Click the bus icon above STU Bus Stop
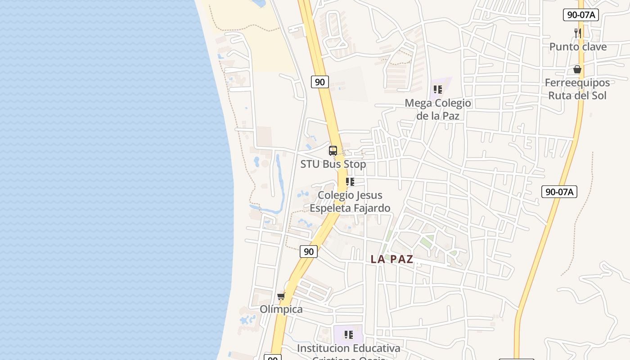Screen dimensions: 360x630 tap(333, 151)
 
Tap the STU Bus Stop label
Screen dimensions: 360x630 tap(333, 164)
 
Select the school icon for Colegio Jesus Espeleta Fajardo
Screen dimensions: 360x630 tap(350, 182)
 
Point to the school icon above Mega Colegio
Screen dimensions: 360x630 tap(438, 90)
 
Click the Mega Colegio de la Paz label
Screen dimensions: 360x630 tap(438, 109)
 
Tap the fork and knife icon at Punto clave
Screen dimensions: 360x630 tap(578, 33)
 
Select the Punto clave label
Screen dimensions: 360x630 tap(578, 47)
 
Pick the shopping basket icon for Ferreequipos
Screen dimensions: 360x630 tap(577, 69)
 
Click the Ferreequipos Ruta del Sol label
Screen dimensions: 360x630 tap(577, 89)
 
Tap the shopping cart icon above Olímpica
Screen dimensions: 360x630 tap(281, 296)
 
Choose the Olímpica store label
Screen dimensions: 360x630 tap(281, 310)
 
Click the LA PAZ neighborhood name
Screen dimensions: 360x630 tap(392, 259)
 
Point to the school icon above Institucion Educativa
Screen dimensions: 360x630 tap(348, 335)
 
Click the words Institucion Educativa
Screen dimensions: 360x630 tap(348, 348)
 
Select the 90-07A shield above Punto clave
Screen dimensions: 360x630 tap(580, 15)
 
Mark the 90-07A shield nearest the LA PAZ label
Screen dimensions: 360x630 tap(559, 192)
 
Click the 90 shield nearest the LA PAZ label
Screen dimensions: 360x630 tap(309, 252)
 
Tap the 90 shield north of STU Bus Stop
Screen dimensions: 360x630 tap(319, 82)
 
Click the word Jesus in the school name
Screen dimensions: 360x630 tap(362, 195)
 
